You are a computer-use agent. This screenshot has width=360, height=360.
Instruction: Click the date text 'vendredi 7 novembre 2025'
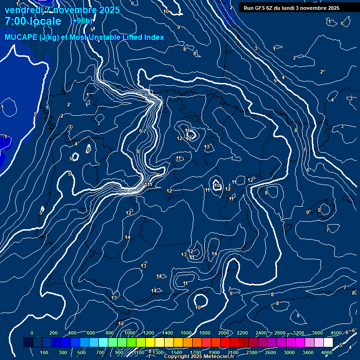[x=62, y=10]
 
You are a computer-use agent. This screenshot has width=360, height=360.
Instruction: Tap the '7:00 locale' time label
[x=33, y=21]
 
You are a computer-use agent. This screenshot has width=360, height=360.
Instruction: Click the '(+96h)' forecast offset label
[x=81, y=21]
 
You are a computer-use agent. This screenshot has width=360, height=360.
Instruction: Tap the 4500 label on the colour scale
[x=336, y=333]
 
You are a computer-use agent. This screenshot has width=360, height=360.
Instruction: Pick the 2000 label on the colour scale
[x=223, y=333]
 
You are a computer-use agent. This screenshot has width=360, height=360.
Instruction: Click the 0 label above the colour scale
[x=32, y=333]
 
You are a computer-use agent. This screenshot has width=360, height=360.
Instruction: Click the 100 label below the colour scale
[x=44, y=352]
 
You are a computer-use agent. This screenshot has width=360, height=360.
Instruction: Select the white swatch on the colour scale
[x=328, y=343]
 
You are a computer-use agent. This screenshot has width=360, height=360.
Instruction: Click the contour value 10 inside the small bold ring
[x=217, y=186]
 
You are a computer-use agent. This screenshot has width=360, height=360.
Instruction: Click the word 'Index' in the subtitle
[x=152, y=37]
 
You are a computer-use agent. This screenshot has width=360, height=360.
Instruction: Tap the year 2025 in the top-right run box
[x=333, y=8]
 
